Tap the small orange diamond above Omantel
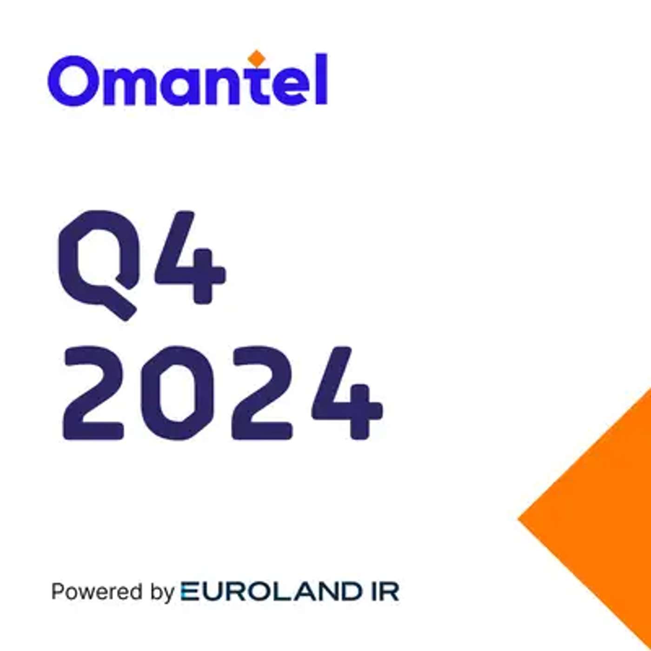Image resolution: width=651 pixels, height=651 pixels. [x=256, y=58]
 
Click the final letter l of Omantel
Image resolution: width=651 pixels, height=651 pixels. [x=322, y=79]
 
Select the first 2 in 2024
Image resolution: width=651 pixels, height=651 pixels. [x=93, y=393]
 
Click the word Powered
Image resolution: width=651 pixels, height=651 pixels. [x=97, y=592]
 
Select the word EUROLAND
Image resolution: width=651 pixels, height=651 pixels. [x=272, y=591]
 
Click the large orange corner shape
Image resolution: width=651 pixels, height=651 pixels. [x=604, y=516]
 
